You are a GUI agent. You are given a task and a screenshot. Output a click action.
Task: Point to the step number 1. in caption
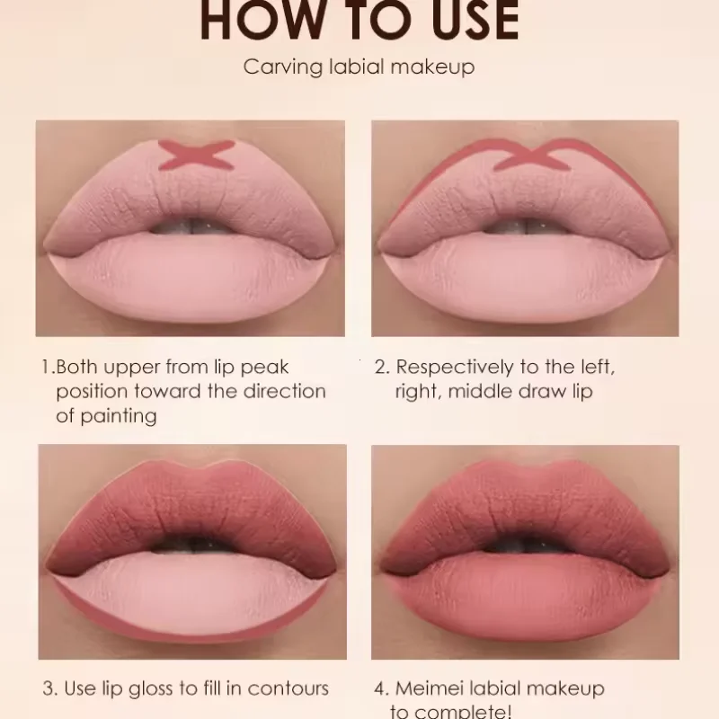tap(48, 368)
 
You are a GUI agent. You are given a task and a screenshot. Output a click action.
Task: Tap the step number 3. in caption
tap(50, 689)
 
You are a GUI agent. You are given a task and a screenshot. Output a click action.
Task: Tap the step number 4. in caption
tap(381, 689)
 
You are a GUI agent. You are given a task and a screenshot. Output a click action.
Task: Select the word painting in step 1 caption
tap(118, 415)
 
